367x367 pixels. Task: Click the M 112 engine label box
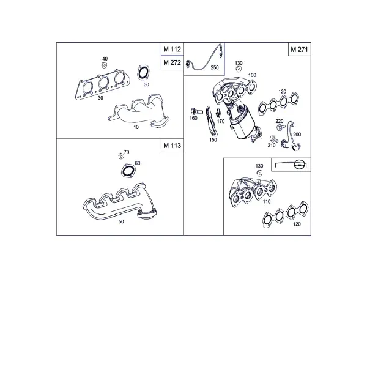tap(172, 49)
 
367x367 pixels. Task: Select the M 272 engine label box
tap(172, 62)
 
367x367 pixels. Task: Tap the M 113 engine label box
tap(172, 146)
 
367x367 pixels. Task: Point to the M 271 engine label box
tap(300, 49)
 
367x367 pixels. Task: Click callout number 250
tap(215, 67)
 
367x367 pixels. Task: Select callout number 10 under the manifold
tap(136, 127)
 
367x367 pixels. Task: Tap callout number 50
tap(121, 221)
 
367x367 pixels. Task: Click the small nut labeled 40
tap(105, 65)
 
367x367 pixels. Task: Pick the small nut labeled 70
tap(121, 156)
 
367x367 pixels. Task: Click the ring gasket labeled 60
tap(128, 171)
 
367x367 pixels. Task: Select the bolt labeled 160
tap(196, 111)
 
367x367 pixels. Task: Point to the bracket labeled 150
tap(211, 121)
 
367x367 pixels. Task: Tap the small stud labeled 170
tap(218, 113)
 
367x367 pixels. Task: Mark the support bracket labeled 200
tap(291, 136)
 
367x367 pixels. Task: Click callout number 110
tap(267, 201)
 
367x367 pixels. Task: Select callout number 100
tap(252, 75)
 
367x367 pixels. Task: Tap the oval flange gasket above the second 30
tap(143, 72)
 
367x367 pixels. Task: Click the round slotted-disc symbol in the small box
tap(299, 165)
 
